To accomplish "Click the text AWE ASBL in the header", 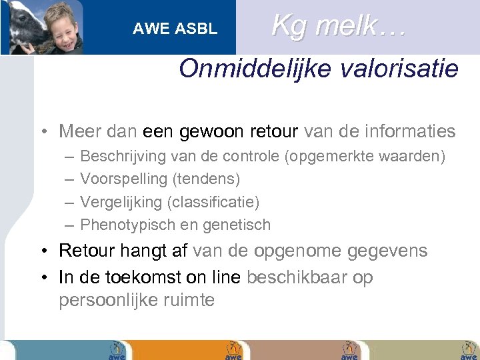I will click(175, 29).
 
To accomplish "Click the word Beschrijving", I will click(123, 157).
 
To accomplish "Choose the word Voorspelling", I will click(124, 179).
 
